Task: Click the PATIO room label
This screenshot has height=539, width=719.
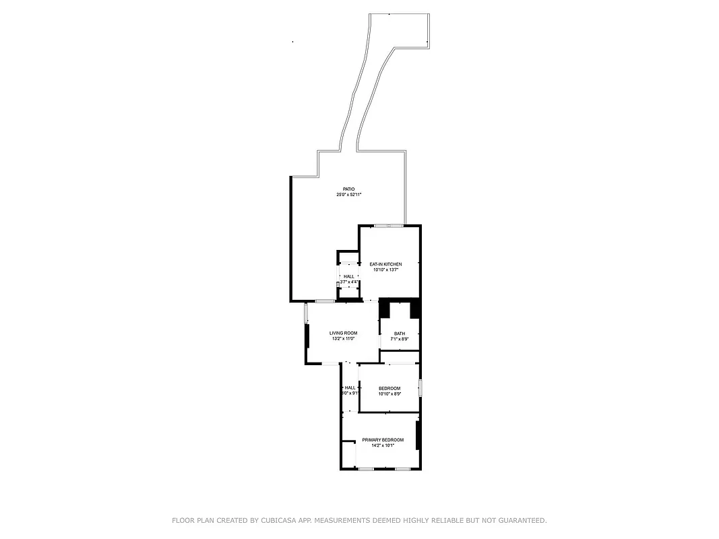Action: coord(348,189)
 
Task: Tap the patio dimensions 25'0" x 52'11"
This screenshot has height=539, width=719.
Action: coord(349,195)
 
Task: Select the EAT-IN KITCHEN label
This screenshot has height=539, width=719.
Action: coord(385,264)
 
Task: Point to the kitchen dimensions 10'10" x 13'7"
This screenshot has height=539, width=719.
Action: coord(385,269)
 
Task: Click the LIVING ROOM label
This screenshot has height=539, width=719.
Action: coord(343,333)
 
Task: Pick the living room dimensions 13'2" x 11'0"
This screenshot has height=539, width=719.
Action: coord(343,339)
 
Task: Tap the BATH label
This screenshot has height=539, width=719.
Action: coord(400,334)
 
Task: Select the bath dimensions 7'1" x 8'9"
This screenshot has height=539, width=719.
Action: coord(400,339)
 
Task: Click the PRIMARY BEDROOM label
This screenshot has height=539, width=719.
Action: coord(383,440)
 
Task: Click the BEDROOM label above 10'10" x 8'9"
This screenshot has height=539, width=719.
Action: coord(389,388)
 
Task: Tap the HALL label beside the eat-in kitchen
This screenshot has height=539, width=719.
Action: coord(349,276)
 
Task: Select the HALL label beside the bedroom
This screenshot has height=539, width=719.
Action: coord(350,387)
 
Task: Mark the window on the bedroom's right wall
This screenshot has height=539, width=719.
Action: coord(420,388)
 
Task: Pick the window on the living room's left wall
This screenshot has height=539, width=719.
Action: coord(306,313)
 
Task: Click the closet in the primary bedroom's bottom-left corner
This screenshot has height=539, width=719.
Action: coord(348,455)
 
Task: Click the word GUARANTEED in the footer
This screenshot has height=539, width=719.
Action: coord(521,520)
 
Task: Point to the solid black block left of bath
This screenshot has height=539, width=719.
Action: coord(385,309)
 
